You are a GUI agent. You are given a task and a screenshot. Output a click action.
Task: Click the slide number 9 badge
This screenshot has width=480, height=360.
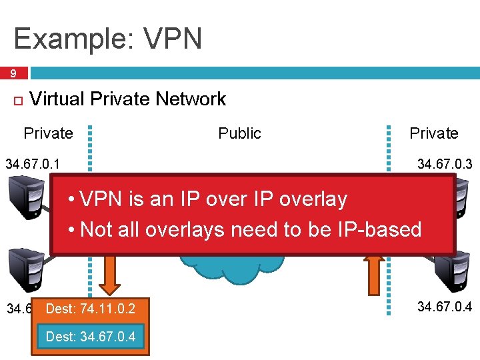[x=13, y=73]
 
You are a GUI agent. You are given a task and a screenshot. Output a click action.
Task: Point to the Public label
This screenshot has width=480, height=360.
[x=239, y=133]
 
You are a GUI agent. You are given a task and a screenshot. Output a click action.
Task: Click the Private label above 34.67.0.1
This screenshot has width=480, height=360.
[x=48, y=133]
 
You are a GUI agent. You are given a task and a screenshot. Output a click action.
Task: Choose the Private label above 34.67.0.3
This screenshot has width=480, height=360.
[x=433, y=133]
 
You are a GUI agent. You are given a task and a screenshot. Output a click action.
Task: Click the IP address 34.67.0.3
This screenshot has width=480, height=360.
[x=445, y=163]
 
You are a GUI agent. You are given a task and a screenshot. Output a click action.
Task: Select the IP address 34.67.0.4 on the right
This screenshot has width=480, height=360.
[x=445, y=307]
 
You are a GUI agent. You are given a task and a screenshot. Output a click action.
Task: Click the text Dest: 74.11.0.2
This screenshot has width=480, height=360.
[x=90, y=309]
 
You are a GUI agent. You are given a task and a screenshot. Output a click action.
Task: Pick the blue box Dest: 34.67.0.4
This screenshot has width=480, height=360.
[x=90, y=337]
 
